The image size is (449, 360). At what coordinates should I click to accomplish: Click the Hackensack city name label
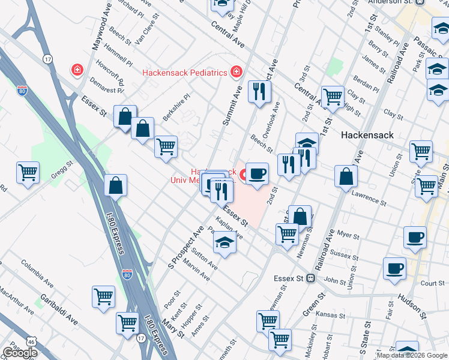pos(367,135)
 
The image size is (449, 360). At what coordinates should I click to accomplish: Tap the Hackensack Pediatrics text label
pos(184,73)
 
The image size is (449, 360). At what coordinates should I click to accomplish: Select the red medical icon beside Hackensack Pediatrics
pos(237,73)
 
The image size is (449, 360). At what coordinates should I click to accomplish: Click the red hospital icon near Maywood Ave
pos(77,71)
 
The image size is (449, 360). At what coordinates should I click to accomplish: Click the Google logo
pos(20,353)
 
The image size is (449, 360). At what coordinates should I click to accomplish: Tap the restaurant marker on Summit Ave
pos(259,91)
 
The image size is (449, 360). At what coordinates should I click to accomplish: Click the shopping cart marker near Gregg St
pos(28,172)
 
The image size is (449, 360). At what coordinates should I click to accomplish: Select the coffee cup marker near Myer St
pos(414,237)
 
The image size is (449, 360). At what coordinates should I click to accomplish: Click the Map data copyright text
pos(412,355)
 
